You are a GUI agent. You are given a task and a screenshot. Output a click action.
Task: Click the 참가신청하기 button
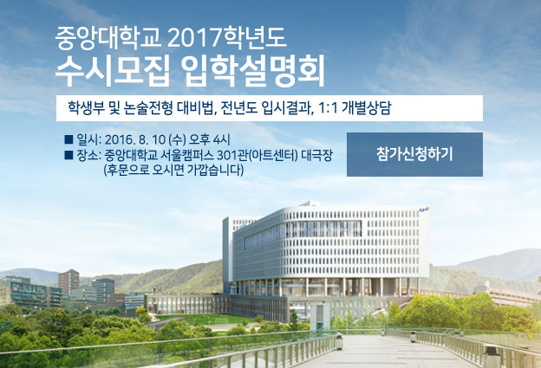coord(414,154)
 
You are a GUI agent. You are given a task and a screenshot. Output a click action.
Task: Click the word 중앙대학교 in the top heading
coord(108,37)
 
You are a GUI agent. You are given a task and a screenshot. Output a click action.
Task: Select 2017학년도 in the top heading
coord(226,37)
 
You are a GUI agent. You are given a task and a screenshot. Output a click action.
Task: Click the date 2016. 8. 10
coord(135,139)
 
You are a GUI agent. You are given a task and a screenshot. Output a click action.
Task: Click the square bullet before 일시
coord(68,139)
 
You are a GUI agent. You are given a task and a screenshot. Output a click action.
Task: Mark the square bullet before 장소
coord(68,155)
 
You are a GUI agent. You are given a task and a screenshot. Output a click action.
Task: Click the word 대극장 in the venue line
coord(316,155)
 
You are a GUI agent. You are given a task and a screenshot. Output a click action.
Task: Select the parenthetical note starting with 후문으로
coord(174,171)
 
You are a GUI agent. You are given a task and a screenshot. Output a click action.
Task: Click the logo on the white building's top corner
coord(423,209)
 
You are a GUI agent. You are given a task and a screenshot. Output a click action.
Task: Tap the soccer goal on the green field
coord(221,320)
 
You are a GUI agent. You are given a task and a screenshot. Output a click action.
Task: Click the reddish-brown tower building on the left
coord(68,281)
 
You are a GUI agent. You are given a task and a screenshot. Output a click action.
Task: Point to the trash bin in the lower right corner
coord(492,356)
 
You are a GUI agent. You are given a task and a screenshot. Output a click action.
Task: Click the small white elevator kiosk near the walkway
coord(320,316)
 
